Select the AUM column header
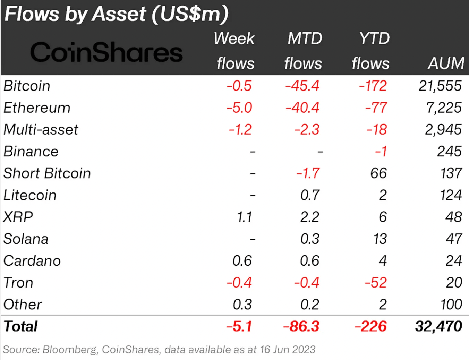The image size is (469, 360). point(446,63)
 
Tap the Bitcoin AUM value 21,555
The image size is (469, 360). point(440,86)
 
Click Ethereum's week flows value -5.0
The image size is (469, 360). point(239,108)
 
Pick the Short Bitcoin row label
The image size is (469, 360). point(47,173)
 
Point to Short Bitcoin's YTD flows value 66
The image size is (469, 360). point(378,173)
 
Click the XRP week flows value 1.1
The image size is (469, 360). point(244,217)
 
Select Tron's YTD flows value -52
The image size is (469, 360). point(376,282)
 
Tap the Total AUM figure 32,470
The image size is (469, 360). point(438,326)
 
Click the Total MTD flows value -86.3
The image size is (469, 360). point(301,326)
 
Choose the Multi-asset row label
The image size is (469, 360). point(41,129)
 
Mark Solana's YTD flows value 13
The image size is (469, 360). point(380,239)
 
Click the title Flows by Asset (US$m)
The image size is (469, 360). point(117,14)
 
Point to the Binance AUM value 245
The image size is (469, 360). point(449,151)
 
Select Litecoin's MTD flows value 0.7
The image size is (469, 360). point(310,195)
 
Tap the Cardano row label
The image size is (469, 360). point(32,260)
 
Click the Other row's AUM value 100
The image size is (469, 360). point(451,304)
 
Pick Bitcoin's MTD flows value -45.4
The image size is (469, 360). point(302,86)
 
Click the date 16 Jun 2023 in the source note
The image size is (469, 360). point(288,349)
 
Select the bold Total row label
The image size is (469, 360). point(20,326)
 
